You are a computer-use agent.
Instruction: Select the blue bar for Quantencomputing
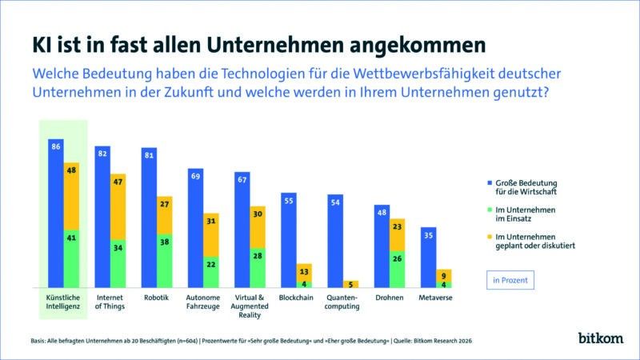335,240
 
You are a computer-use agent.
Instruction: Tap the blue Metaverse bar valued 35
428,257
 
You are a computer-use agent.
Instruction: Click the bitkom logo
600,338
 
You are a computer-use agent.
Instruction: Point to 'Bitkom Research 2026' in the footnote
443,342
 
